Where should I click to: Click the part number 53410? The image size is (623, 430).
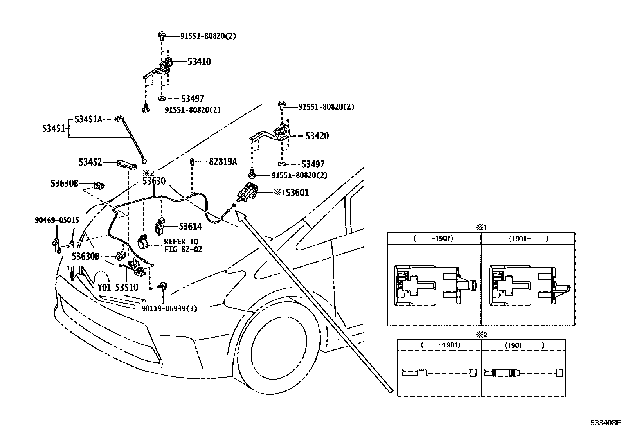199,61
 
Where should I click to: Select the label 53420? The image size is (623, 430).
317,136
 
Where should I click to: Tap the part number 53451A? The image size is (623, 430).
88,119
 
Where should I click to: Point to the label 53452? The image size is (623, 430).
90,162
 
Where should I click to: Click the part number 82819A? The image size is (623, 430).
223,161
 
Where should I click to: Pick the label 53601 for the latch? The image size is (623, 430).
297,192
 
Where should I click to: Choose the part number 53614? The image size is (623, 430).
190,227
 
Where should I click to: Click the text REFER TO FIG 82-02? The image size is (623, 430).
183,245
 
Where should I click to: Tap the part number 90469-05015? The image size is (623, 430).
57,220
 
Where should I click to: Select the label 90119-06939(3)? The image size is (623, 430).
169,308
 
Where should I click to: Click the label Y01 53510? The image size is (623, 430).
118,287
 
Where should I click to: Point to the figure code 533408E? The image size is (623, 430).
605,423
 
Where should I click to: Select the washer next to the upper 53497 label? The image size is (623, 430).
162,99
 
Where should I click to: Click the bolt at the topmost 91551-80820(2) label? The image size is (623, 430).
162,36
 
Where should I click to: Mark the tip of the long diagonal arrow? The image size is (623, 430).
236,211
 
